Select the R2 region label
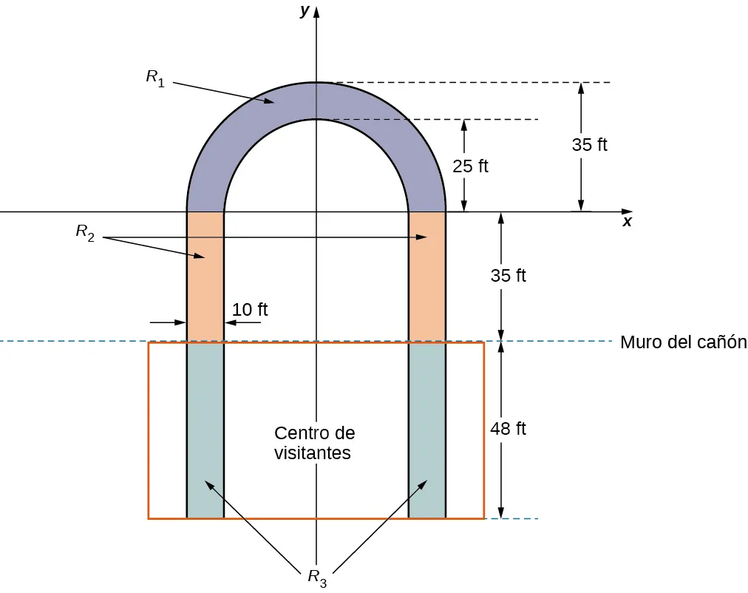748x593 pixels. point(85,232)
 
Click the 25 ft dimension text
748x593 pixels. point(470,166)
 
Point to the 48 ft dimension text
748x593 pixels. point(508,428)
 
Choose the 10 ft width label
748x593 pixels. point(250,310)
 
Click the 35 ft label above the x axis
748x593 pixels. point(589,145)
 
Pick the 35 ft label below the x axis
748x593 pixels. point(508,276)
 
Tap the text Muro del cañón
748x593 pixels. point(684,342)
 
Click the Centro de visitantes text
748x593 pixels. point(314,443)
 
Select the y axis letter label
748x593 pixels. point(304,11)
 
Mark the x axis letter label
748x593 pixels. point(627,222)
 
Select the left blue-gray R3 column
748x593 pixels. point(205,429)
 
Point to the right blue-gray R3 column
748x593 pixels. point(427,429)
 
